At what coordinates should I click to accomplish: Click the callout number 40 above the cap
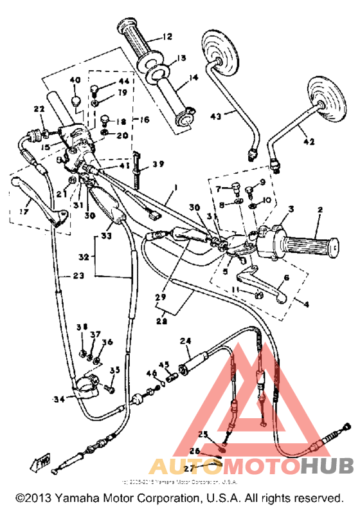click(x=74, y=80)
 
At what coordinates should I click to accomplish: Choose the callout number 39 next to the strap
click(x=158, y=165)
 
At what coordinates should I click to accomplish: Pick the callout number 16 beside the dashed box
click(x=144, y=120)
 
